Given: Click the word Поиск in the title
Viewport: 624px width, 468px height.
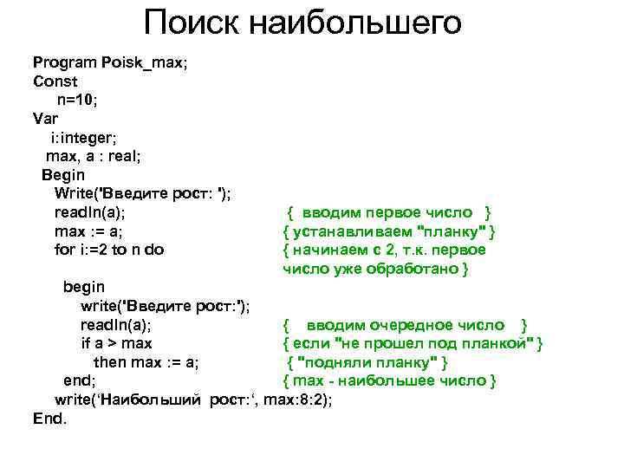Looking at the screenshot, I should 192,23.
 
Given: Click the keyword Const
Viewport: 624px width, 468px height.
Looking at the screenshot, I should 55,81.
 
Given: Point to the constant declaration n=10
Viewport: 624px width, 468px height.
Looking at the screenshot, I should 79,101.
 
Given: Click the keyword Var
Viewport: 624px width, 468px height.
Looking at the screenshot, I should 45,119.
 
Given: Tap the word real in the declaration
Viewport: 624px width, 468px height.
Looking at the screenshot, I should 120,156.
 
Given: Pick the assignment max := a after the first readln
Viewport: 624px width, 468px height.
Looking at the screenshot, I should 88,231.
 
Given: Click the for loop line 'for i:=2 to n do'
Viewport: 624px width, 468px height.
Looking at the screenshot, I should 109,250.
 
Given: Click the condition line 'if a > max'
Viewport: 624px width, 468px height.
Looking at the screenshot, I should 115,344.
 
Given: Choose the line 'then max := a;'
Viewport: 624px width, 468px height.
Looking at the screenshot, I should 146,362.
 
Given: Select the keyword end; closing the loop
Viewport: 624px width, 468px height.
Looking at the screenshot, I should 80,380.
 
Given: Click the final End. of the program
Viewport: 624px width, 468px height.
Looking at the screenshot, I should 49,419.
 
